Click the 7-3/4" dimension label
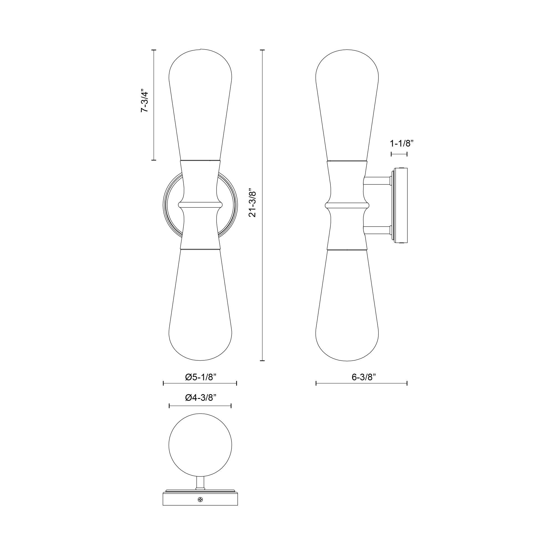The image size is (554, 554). click(145, 102)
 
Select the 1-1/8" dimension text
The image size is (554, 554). click(401, 143)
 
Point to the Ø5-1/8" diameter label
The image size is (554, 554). click(201, 377)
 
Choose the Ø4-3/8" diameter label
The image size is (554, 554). click(201, 397)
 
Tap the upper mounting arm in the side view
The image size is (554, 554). click(377, 181)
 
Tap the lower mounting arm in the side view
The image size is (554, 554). click(377, 230)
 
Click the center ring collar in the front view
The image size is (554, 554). click(200, 205)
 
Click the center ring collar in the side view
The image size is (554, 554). click(347, 205)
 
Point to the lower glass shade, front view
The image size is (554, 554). click(200, 310)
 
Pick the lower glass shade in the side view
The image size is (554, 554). click(347, 310)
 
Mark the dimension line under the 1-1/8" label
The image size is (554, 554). click(399, 154)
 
